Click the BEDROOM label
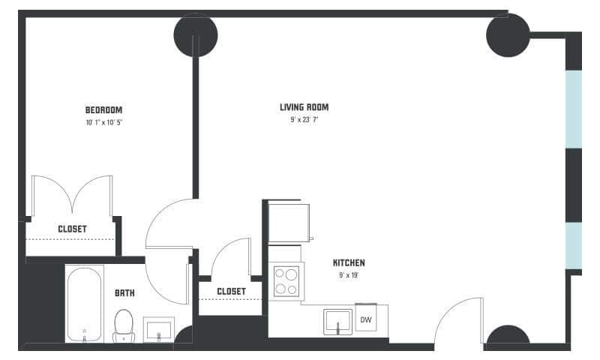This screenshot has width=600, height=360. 103,109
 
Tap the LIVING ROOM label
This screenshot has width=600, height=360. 304,107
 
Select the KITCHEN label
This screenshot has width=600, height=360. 349,263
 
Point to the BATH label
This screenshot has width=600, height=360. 124,292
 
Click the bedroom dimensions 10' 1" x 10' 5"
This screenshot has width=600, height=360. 103,121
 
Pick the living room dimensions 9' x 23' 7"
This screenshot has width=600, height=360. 304,119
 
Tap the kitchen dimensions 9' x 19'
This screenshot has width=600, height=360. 349,275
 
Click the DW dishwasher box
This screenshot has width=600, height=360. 366,319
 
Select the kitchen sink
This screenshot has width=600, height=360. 338,322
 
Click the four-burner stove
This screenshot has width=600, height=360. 286,282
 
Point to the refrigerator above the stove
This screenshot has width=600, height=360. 289,223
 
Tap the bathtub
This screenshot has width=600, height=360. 85,304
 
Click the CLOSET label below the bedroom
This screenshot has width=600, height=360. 72,229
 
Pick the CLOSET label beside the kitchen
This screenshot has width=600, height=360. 231,291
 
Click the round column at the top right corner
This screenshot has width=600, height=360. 508,34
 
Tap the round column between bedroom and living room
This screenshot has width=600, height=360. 196,34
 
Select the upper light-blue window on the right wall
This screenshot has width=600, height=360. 573,109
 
